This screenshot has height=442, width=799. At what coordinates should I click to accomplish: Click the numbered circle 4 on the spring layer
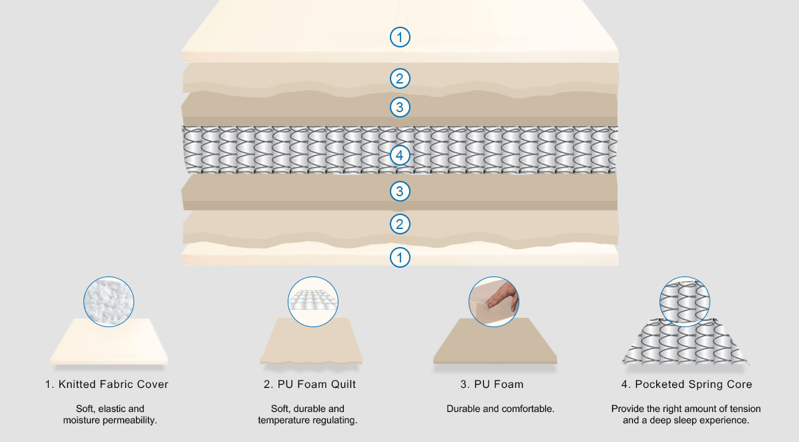[x=400, y=155]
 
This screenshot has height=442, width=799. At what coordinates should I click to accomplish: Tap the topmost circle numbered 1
[x=400, y=37]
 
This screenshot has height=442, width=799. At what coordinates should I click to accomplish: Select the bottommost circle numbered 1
[x=400, y=258]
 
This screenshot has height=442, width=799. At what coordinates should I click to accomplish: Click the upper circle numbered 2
[x=400, y=79]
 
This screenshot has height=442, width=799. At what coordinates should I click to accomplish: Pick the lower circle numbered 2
[x=400, y=224]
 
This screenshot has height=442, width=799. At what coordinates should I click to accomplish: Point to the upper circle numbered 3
[x=400, y=107]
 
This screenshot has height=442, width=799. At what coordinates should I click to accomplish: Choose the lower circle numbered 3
[x=400, y=191]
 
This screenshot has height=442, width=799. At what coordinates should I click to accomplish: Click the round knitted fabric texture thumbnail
[x=109, y=302]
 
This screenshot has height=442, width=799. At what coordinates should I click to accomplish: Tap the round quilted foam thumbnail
[x=313, y=302]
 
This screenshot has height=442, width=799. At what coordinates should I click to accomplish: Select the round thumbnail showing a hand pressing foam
[x=494, y=302]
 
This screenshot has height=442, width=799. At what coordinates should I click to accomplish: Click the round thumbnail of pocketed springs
[x=685, y=302]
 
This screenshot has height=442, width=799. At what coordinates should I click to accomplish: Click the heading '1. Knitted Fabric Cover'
[x=107, y=385]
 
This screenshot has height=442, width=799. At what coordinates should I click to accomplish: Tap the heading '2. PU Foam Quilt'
[x=310, y=385]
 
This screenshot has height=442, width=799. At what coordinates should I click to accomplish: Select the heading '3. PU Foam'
[x=492, y=385]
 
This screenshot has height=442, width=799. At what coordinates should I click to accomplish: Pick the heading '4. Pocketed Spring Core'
[x=686, y=385]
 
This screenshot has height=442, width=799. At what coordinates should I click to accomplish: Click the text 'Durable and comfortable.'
[x=501, y=409]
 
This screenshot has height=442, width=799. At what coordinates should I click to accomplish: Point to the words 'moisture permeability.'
[x=110, y=421]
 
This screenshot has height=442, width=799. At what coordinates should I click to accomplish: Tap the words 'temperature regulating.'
[x=308, y=421]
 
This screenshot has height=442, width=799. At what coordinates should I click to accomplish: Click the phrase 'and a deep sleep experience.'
[x=686, y=421]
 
